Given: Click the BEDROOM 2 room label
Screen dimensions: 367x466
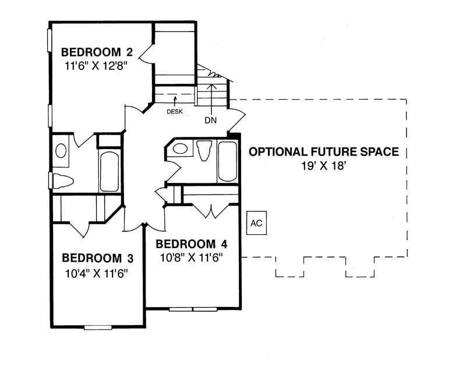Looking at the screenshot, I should point(97,51).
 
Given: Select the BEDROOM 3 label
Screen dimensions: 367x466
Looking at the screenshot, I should point(98,257).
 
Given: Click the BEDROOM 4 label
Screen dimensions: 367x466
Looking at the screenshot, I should point(192,244).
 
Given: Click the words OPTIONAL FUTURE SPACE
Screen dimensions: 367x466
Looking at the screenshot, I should point(324,152).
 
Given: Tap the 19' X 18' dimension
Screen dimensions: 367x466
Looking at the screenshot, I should point(324,166).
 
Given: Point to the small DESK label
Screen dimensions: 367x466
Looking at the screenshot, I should point(174,112).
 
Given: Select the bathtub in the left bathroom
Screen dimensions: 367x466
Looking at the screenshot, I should point(109,172).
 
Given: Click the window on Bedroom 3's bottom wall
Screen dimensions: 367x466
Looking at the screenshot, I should point(98,327).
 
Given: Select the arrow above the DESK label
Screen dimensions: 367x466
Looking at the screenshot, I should point(174,101).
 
